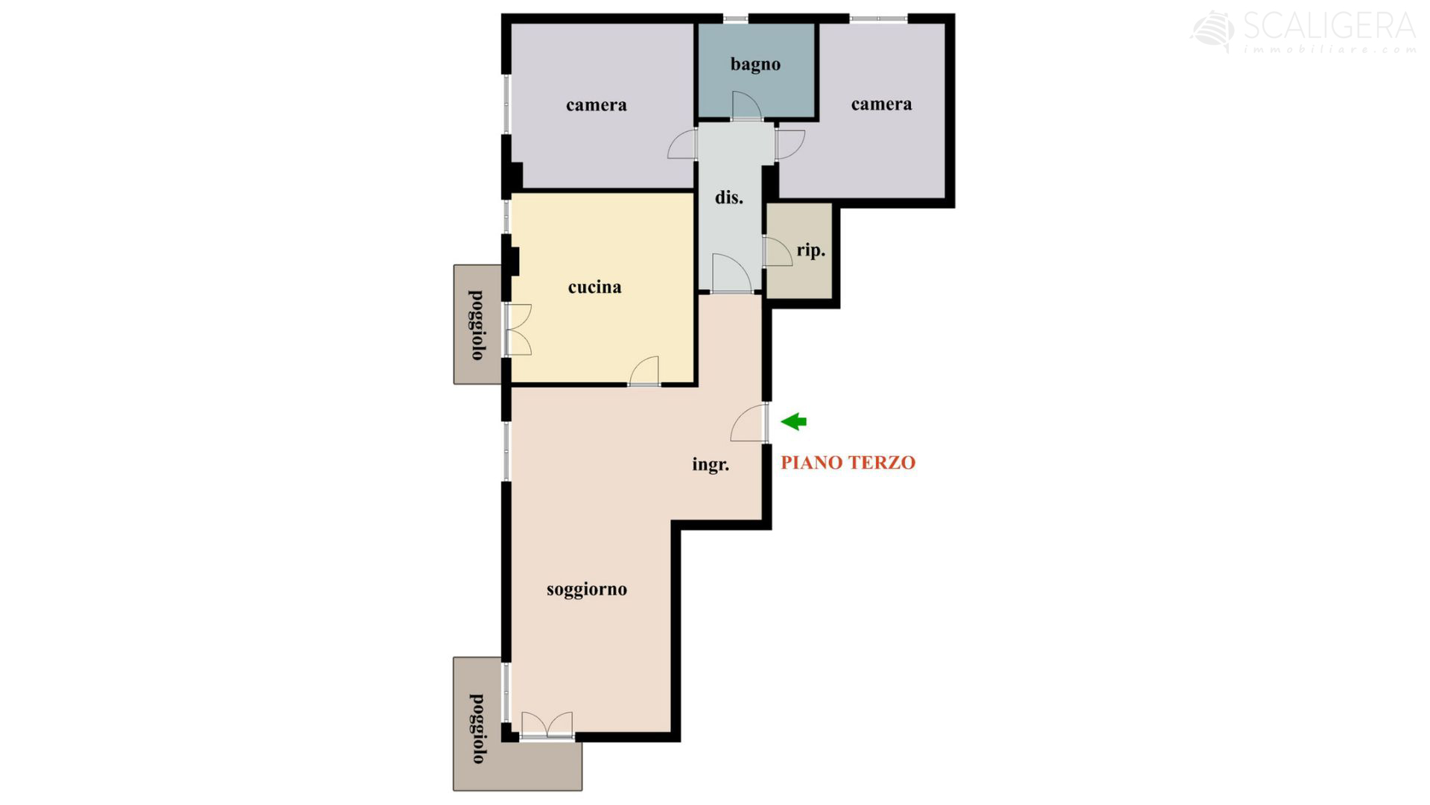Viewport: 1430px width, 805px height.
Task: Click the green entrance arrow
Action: click(794, 422)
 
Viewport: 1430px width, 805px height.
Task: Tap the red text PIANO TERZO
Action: click(848, 463)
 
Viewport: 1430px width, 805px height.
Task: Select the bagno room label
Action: click(755, 64)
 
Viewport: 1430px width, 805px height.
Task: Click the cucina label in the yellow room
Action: click(594, 287)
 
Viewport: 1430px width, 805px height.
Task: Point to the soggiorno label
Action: click(587, 590)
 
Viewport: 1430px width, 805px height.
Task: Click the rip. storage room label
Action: click(811, 250)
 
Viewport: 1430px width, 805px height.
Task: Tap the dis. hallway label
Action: click(729, 198)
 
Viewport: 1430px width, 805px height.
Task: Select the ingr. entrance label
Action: click(711, 465)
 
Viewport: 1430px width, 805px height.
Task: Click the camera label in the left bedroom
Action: click(596, 105)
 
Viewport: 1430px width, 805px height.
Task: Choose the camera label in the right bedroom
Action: click(882, 104)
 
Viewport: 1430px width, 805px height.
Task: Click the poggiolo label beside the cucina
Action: click(477, 325)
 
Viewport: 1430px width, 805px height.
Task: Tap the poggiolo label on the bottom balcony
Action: click(477, 728)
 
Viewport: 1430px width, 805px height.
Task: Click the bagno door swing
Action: click(746, 106)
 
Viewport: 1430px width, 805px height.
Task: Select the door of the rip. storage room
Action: click(778, 252)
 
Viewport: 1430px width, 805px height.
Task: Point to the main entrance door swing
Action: click(749, 423)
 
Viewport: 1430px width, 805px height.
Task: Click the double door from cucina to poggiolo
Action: click(518, 329)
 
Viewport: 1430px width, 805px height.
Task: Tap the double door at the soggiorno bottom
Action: click(547, 725)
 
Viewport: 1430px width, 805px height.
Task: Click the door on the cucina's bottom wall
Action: click(644, 371)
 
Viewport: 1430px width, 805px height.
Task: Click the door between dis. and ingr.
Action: click(731, 273)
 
